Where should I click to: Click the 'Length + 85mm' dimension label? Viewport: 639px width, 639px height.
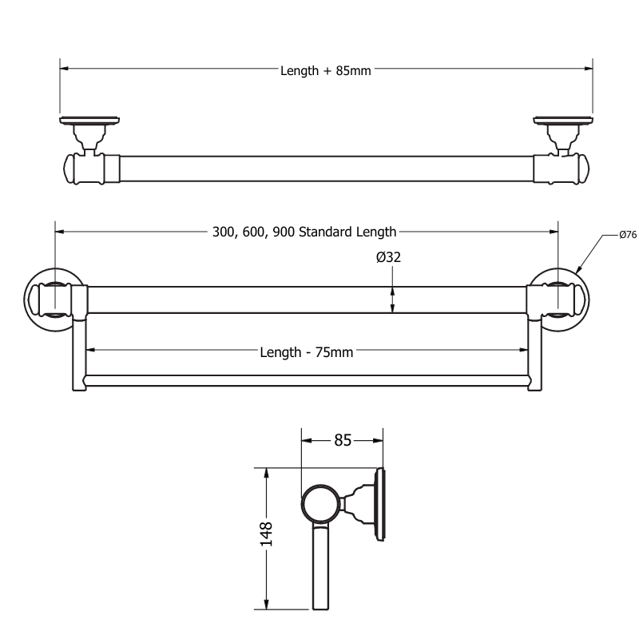[325, 70]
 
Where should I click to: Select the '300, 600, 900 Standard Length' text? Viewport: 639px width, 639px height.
[304, 232]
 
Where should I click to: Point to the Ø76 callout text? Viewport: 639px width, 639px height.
[628, 235]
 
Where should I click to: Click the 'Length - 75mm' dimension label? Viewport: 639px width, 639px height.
[306, 352]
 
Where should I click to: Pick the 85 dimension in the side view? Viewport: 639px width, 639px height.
[343, 439]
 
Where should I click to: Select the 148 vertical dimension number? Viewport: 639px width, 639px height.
[267, 534]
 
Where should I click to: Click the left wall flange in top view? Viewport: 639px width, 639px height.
[89, 122]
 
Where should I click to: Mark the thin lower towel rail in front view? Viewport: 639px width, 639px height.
[306, 380]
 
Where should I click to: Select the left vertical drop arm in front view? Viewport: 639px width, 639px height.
[79, 351]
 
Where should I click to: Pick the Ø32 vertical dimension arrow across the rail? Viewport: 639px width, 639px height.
[392, 300]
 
